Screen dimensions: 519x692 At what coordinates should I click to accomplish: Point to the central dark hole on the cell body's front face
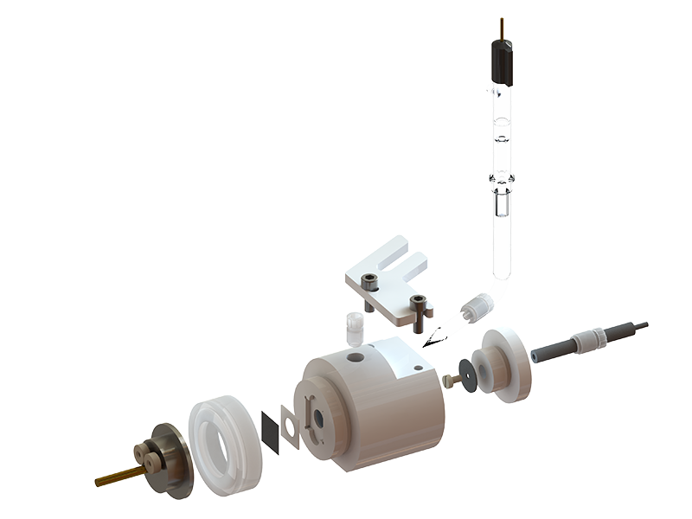pos(317,417)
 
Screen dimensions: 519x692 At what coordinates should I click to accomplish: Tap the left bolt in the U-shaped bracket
pos(369,284)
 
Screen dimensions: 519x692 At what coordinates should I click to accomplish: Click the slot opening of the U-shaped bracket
pos(402,256)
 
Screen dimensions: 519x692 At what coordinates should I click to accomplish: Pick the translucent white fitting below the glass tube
pos(478,307)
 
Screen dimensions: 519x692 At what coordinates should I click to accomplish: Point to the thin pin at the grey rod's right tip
pos(641,325)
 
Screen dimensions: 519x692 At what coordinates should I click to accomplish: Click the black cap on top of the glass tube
pos(501,60)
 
